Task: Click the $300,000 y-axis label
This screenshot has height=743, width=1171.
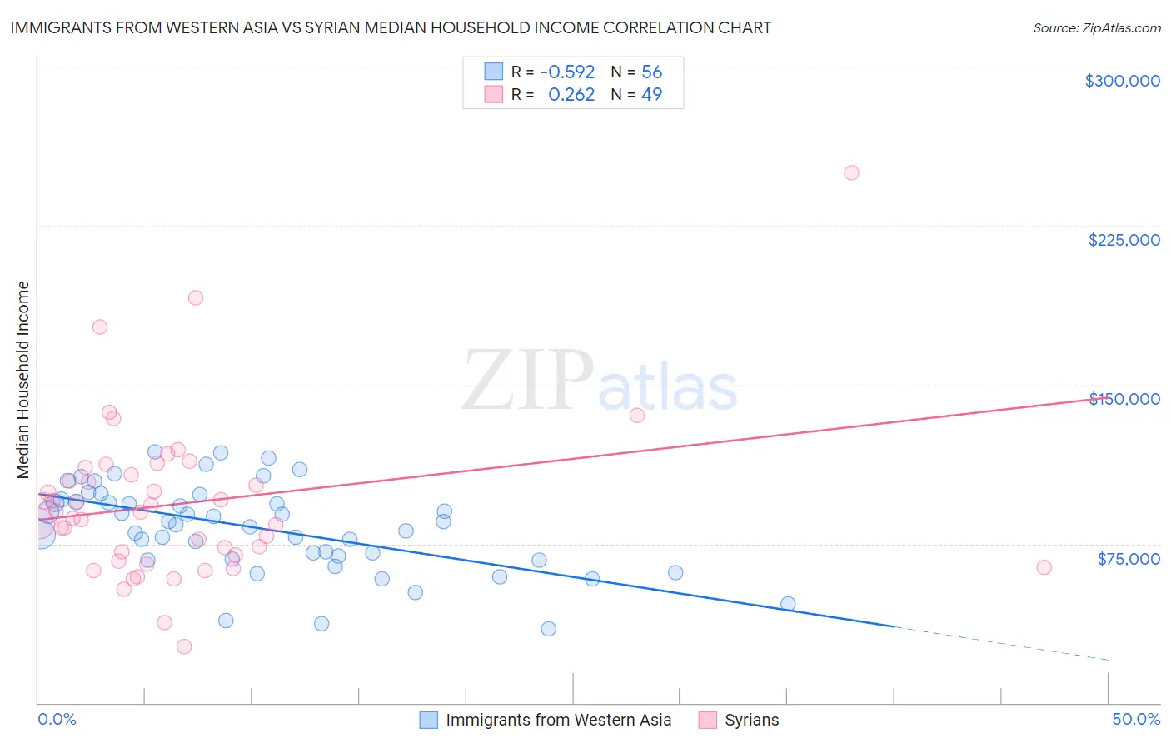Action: [1122, 81]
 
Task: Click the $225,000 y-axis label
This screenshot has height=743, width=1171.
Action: [1124, 240]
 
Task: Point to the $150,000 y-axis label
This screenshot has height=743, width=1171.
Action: [1124, 399]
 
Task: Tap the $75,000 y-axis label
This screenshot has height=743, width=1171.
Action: [1129, 559]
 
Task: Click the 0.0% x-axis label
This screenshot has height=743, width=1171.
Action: [57, 719]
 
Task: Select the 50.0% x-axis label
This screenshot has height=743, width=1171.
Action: [1136, 719]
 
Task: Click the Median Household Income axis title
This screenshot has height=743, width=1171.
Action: [23, 380]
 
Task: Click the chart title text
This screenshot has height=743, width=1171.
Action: [391, 28]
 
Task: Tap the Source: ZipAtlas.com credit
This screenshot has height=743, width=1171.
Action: [1096, 28]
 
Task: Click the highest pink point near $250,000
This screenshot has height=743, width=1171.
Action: [851, 173]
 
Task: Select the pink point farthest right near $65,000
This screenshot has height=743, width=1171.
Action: [1044, 567]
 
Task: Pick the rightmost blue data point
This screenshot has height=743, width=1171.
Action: [788, 604]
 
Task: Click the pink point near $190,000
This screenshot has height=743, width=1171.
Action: [196, 297]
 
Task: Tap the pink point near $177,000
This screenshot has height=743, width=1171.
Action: [100, 327]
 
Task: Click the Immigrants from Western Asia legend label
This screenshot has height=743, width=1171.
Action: [558, 720]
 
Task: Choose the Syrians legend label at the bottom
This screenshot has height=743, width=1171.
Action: [751, 720]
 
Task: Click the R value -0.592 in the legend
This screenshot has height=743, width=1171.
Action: [567, 72]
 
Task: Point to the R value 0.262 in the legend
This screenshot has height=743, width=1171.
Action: [571, 95]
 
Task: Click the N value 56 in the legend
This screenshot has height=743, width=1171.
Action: [651, 72]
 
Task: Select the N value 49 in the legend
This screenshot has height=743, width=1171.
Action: [651, 95]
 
